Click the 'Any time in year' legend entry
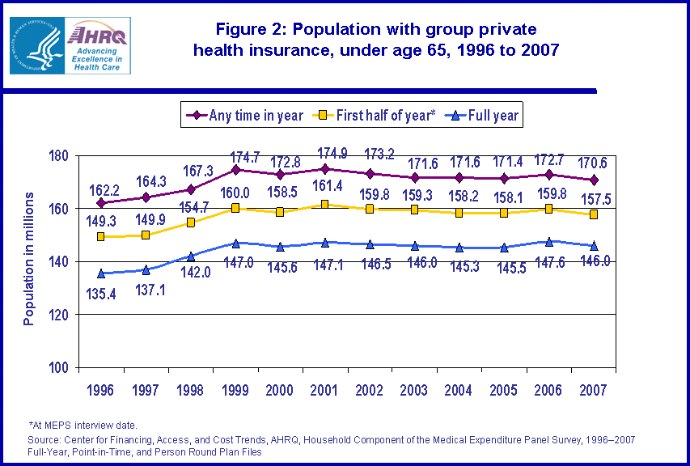[x=244, y=116]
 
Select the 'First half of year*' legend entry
[x=377, y=116]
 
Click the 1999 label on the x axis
[x=235, y=391]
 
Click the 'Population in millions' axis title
[x=29, y=259]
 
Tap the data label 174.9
[x=324, y=152]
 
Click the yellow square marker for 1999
[x=235, y=208]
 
